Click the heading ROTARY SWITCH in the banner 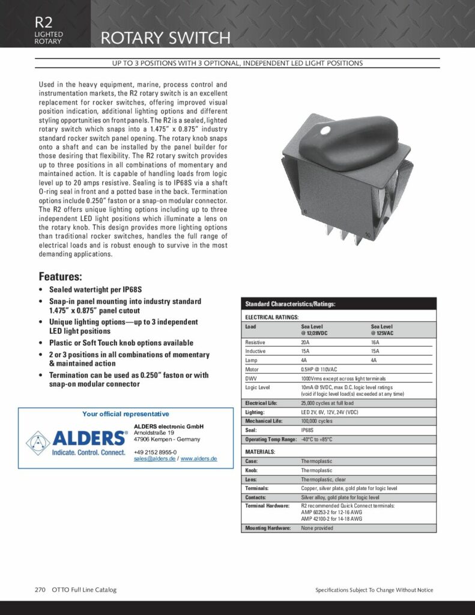[165, 38]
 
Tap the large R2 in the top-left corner [44, 22]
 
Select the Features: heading [61, 277]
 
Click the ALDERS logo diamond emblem [38, 441]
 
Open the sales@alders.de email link [154, 458]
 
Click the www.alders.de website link [199, 458]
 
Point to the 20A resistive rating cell [306, 342]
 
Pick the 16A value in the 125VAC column [375, 342]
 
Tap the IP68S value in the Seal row [308, 431]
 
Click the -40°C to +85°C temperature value [316, 440]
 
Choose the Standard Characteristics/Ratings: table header [290, 304]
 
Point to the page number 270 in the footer [40, 590]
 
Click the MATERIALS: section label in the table [260, 451]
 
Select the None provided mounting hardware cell [316, 528]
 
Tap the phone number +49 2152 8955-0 [155, 452]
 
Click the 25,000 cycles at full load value [327, 403]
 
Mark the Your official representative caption [126, 414]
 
